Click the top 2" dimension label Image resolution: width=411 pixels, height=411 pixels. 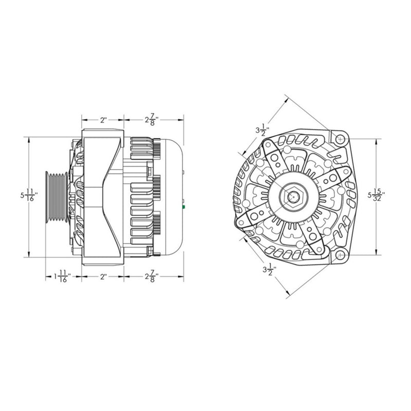(x=103, y=120)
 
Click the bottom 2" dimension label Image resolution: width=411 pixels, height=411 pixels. (x=103, y=277)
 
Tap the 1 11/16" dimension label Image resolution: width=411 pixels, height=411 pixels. (x=61, y=277)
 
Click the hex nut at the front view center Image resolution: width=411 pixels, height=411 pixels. (x=293, y=196)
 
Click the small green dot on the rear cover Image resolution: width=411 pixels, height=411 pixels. (x=183, y=207)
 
